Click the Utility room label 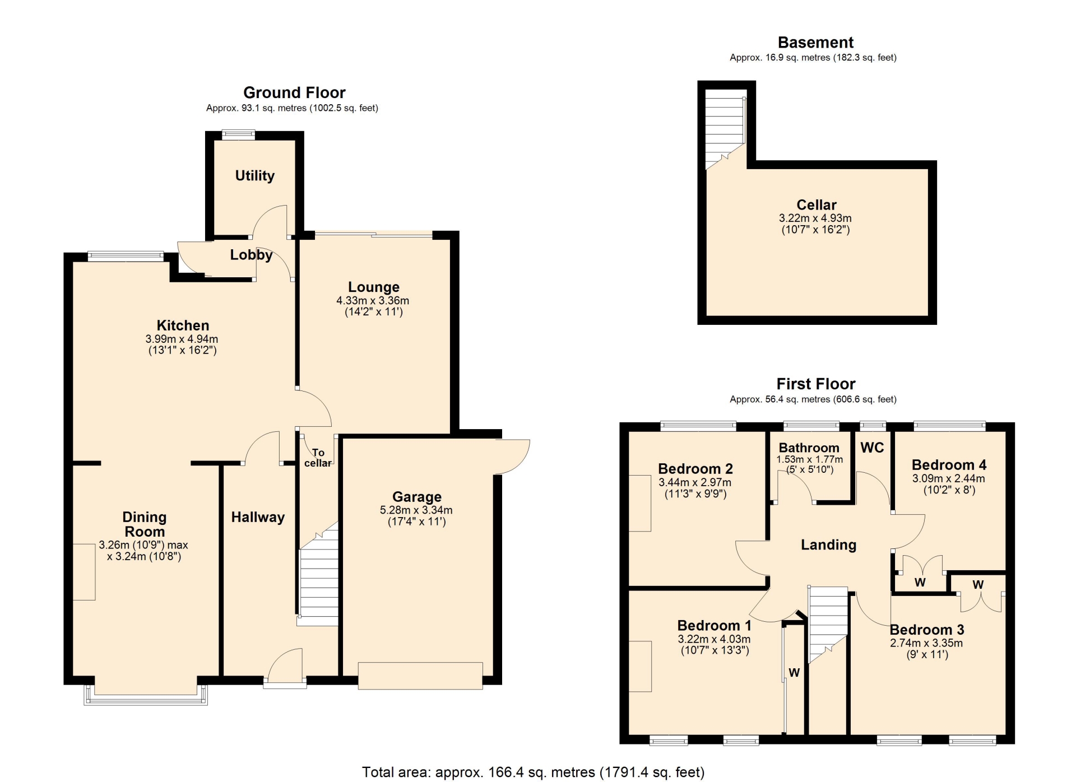point(255,176)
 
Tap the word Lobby point(251,255)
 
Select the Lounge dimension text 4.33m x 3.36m point(373,300)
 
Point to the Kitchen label point(183,325)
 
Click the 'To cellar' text point(318,458)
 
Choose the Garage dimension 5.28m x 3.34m point(416,510)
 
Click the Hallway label point(258,517)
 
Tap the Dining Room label point(145,524)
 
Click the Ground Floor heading point(294,92)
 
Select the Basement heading point(815,43)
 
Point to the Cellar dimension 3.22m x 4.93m point(815,218)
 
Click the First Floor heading point(816,384)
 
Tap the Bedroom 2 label point(695,469)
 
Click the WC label point(872,448)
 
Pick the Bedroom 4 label point(949,465)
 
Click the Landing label point(828,545)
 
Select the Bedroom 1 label point(714,626)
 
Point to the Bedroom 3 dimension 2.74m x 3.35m point(926,643)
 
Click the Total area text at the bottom point(533,772)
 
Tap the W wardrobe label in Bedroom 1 point(794,673)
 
